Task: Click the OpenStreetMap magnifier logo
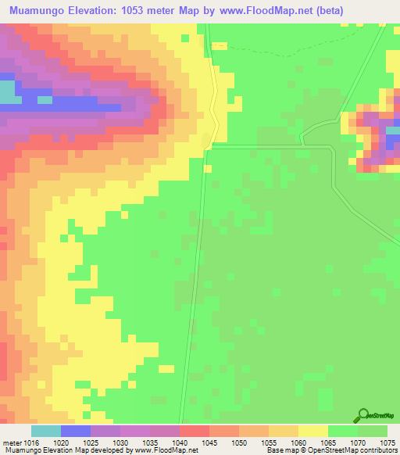pos(362,415)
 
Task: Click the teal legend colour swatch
pos(46,431)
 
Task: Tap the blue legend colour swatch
pos(76,431)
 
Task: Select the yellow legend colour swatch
pos(313,431)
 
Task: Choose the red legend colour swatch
pos(195,431)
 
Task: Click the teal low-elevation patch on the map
pos(9,92)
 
